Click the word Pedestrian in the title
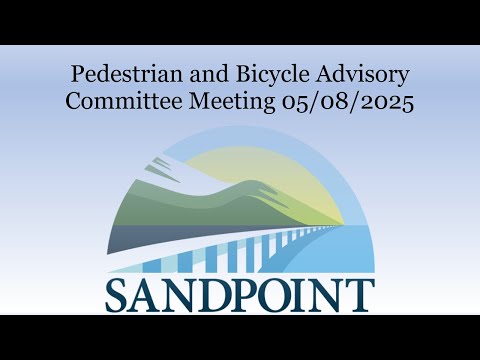(x=127, y=74)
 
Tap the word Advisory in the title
(x=362, y=75)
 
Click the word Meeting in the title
(x=232, y=103)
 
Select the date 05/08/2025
(x=348, y=102)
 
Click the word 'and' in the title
(x=209, y=74)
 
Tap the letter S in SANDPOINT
(x=117, y=296)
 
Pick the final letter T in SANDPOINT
(x=359, y=296)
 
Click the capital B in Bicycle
(x=243, y=74)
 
